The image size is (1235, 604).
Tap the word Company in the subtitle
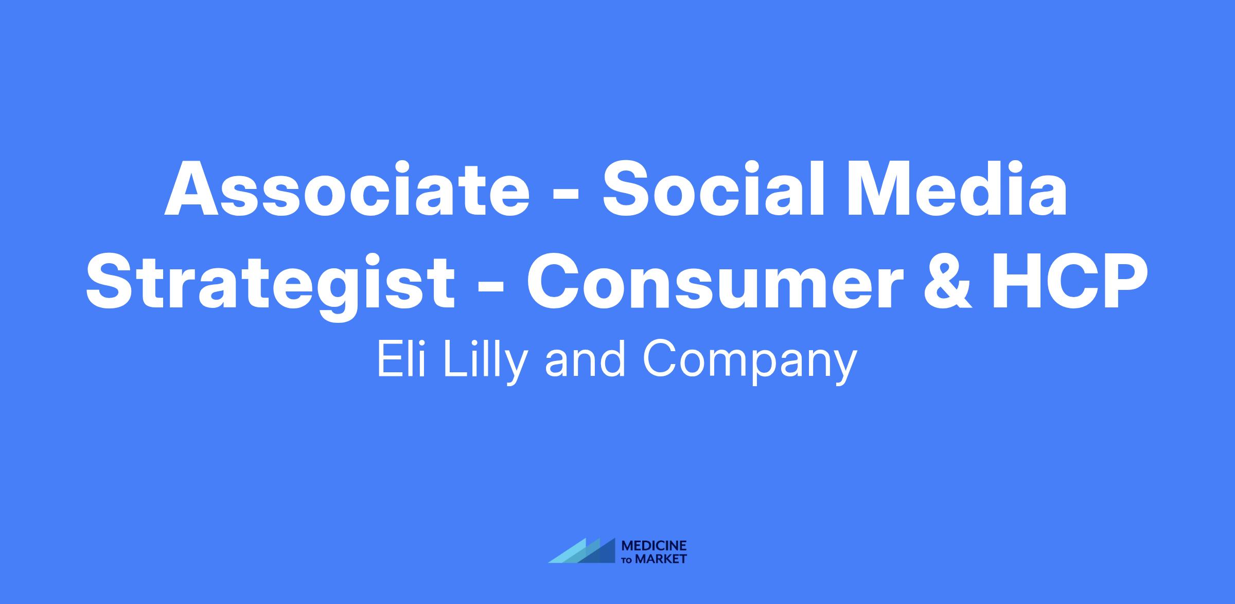[x=749, y=363]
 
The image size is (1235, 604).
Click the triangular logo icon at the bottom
[x=581, y=550]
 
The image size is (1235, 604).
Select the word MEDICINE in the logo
[x=654, y=545]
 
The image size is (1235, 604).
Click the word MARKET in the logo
[x=661, y=559]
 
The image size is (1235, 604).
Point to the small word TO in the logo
[x=628, y=560]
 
